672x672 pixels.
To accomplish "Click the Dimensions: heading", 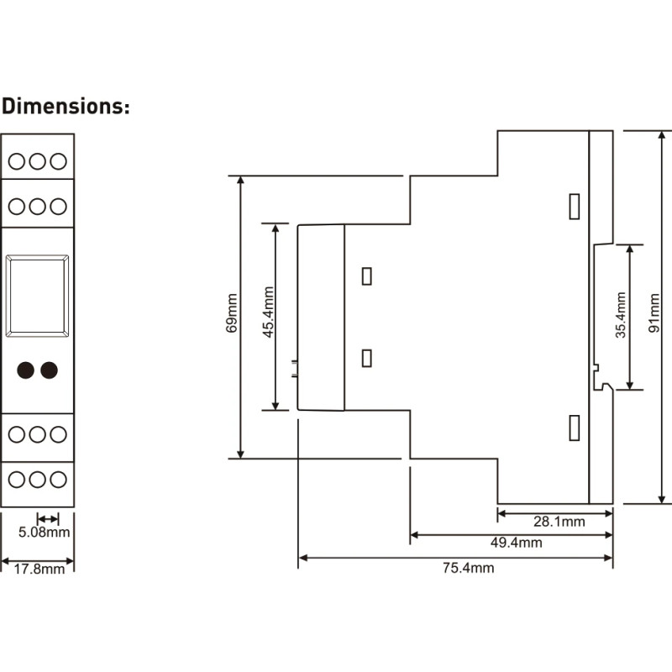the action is (x=66, y=106).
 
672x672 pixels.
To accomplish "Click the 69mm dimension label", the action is (x=232, y=313).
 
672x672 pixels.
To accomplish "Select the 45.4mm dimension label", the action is (x=268, y=312).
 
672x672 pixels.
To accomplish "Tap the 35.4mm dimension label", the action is (x=621, y=315).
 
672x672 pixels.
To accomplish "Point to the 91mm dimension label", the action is (x=654, y=313).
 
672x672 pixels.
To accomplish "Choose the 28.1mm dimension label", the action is (x=559, y=522).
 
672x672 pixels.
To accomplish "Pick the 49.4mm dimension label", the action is (x=516, y=543).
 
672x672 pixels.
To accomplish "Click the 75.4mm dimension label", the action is (x=468, y=568).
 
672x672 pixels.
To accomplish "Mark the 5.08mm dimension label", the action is (x=44, y=533).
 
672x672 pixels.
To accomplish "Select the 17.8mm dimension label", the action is (x=39, y=570).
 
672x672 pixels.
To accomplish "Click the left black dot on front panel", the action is (x=26, y=370).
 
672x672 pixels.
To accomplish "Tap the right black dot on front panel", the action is (x=49, y=370).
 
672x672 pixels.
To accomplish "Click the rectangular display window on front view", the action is (x=37, y=256).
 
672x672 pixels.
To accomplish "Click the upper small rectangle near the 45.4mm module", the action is (x=367, y=268).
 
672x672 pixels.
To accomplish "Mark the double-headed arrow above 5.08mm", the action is (x=48, y=519).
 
